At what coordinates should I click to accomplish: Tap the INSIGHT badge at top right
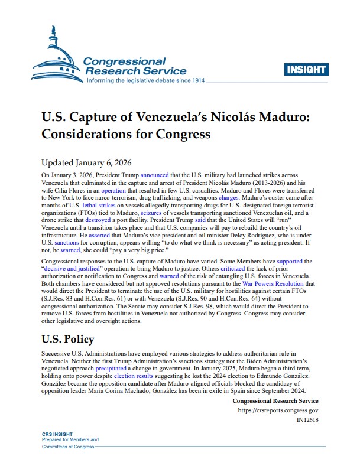pos(306,70)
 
